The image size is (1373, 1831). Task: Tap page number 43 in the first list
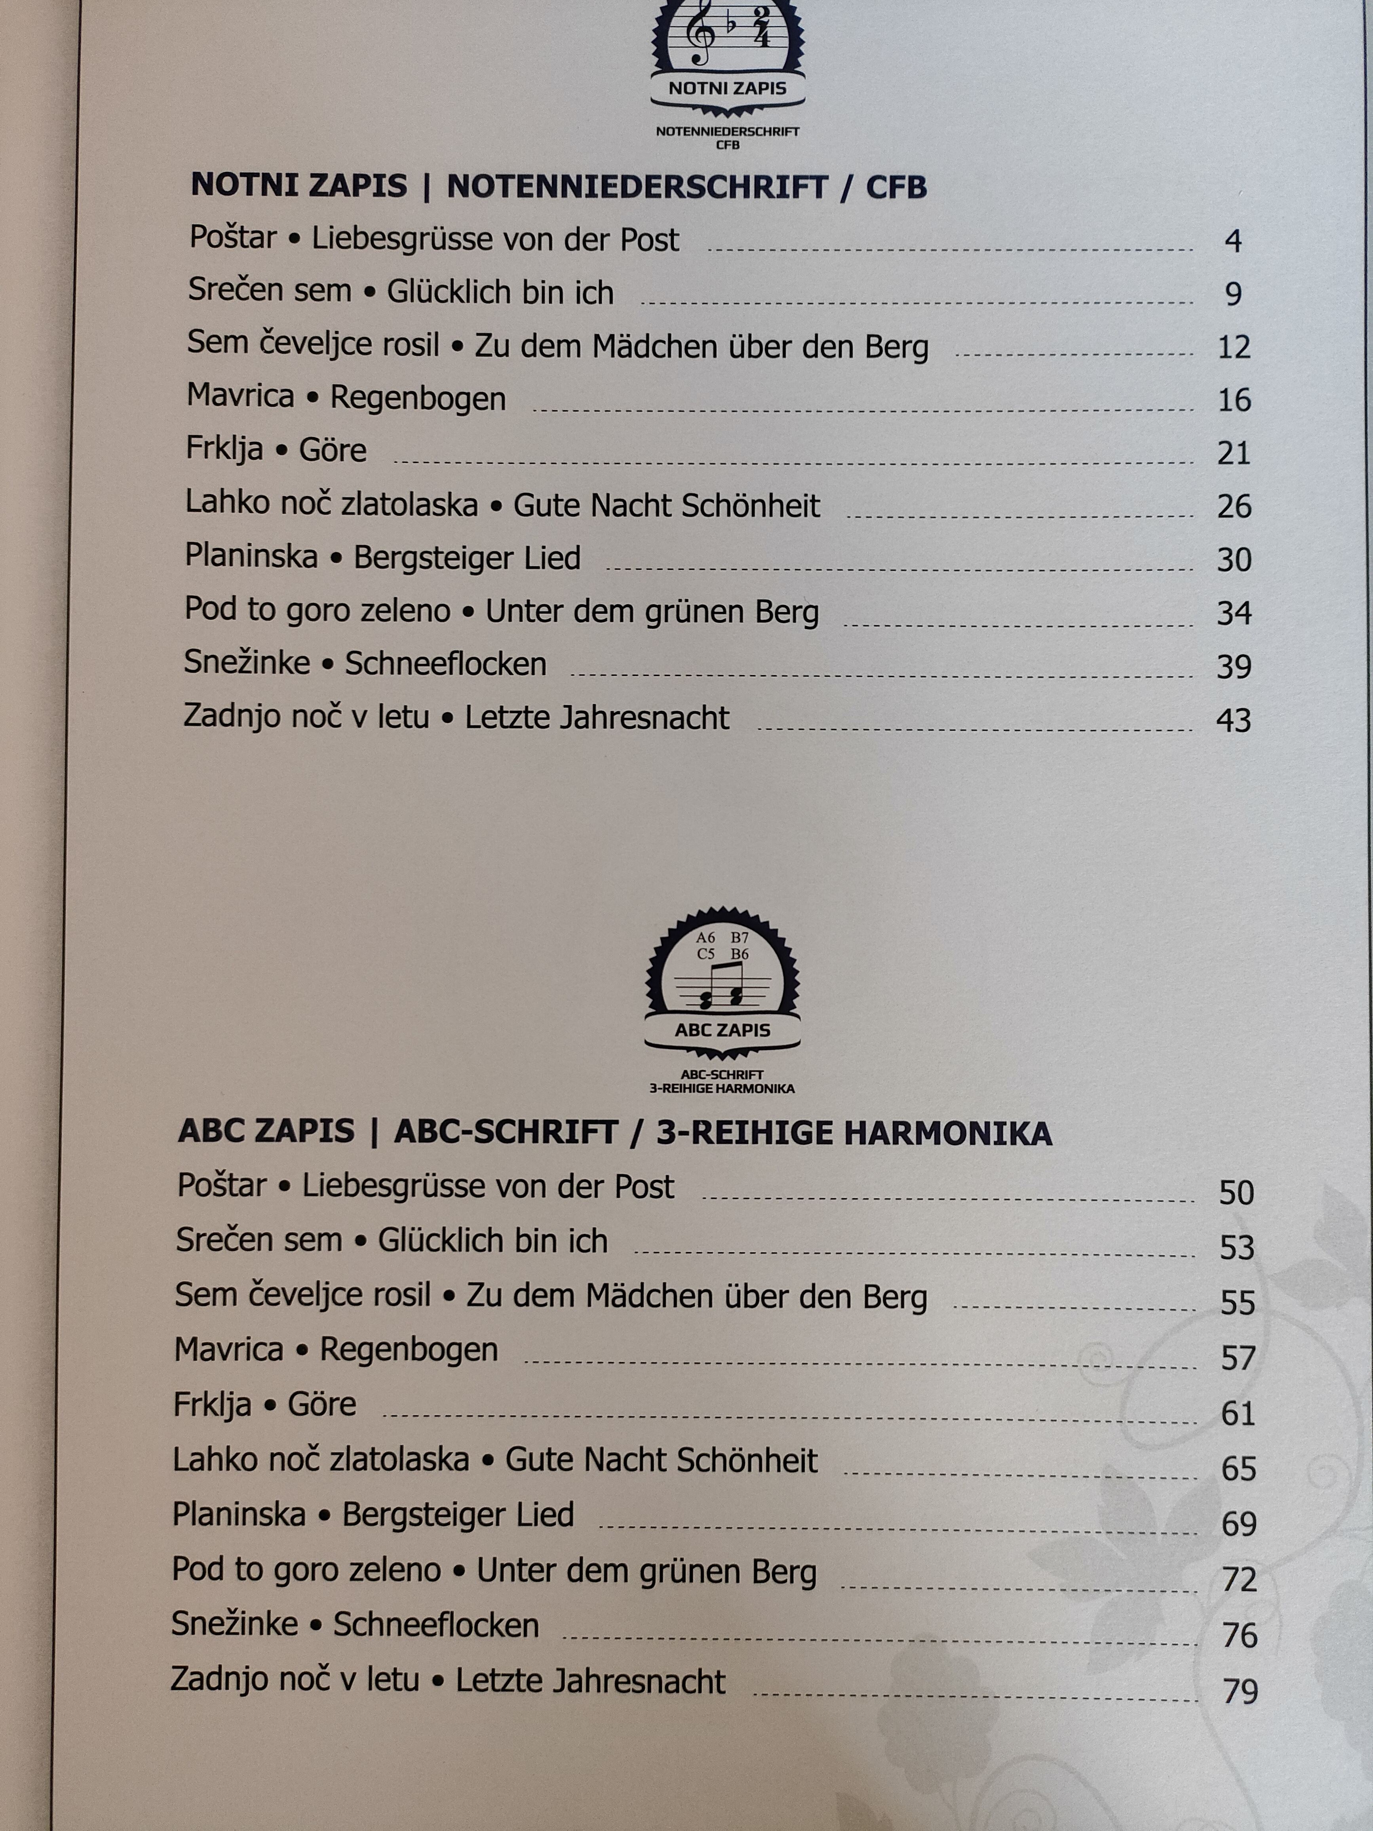(x=1233, y=720)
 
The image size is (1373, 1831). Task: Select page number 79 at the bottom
(x=1240, y=1691)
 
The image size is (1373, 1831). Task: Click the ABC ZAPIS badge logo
(x=723, y=985)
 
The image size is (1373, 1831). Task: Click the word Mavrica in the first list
(x=240, y=396)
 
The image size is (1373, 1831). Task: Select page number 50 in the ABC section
(x=1236, y=1193)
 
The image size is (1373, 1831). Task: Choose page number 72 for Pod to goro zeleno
(x=1239, y=1580)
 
